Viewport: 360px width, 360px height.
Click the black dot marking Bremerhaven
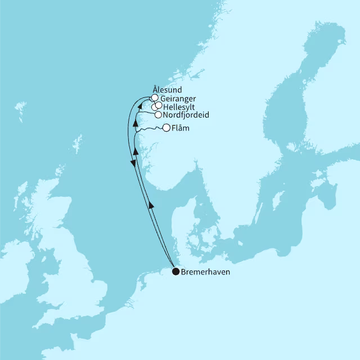(176, 272)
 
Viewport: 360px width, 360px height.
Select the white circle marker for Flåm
(166, 128)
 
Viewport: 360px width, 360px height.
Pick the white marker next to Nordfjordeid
(158, 115)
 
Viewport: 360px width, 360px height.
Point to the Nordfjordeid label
(185, 115)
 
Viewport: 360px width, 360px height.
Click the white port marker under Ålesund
(155, 97)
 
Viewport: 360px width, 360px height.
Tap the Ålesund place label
(167, 89)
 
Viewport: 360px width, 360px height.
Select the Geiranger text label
(178, 98)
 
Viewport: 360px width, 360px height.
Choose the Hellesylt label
(179, 106)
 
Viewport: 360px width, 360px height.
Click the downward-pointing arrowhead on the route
(133, 163)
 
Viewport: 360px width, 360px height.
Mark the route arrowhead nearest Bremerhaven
(151, 205)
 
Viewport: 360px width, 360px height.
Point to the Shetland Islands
(77, 142)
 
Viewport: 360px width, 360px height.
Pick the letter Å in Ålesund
(155, 89)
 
